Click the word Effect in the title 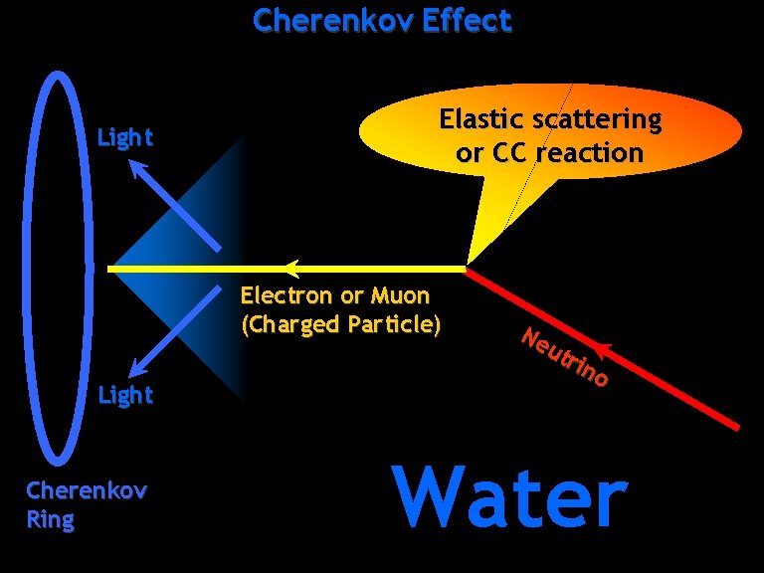tap(466, 20)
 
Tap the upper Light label tap(124, 138)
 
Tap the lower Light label tap(124, 395)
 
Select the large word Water tap(510, 496)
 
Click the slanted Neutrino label tap(563, 357)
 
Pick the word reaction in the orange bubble tap(590, 153)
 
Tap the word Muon tap(399, 295)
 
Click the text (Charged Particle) tap(340, 324)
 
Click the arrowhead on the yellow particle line tap(290, 268)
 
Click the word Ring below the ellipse tap(50, 520)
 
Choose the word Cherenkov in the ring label tap(73, 490)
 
